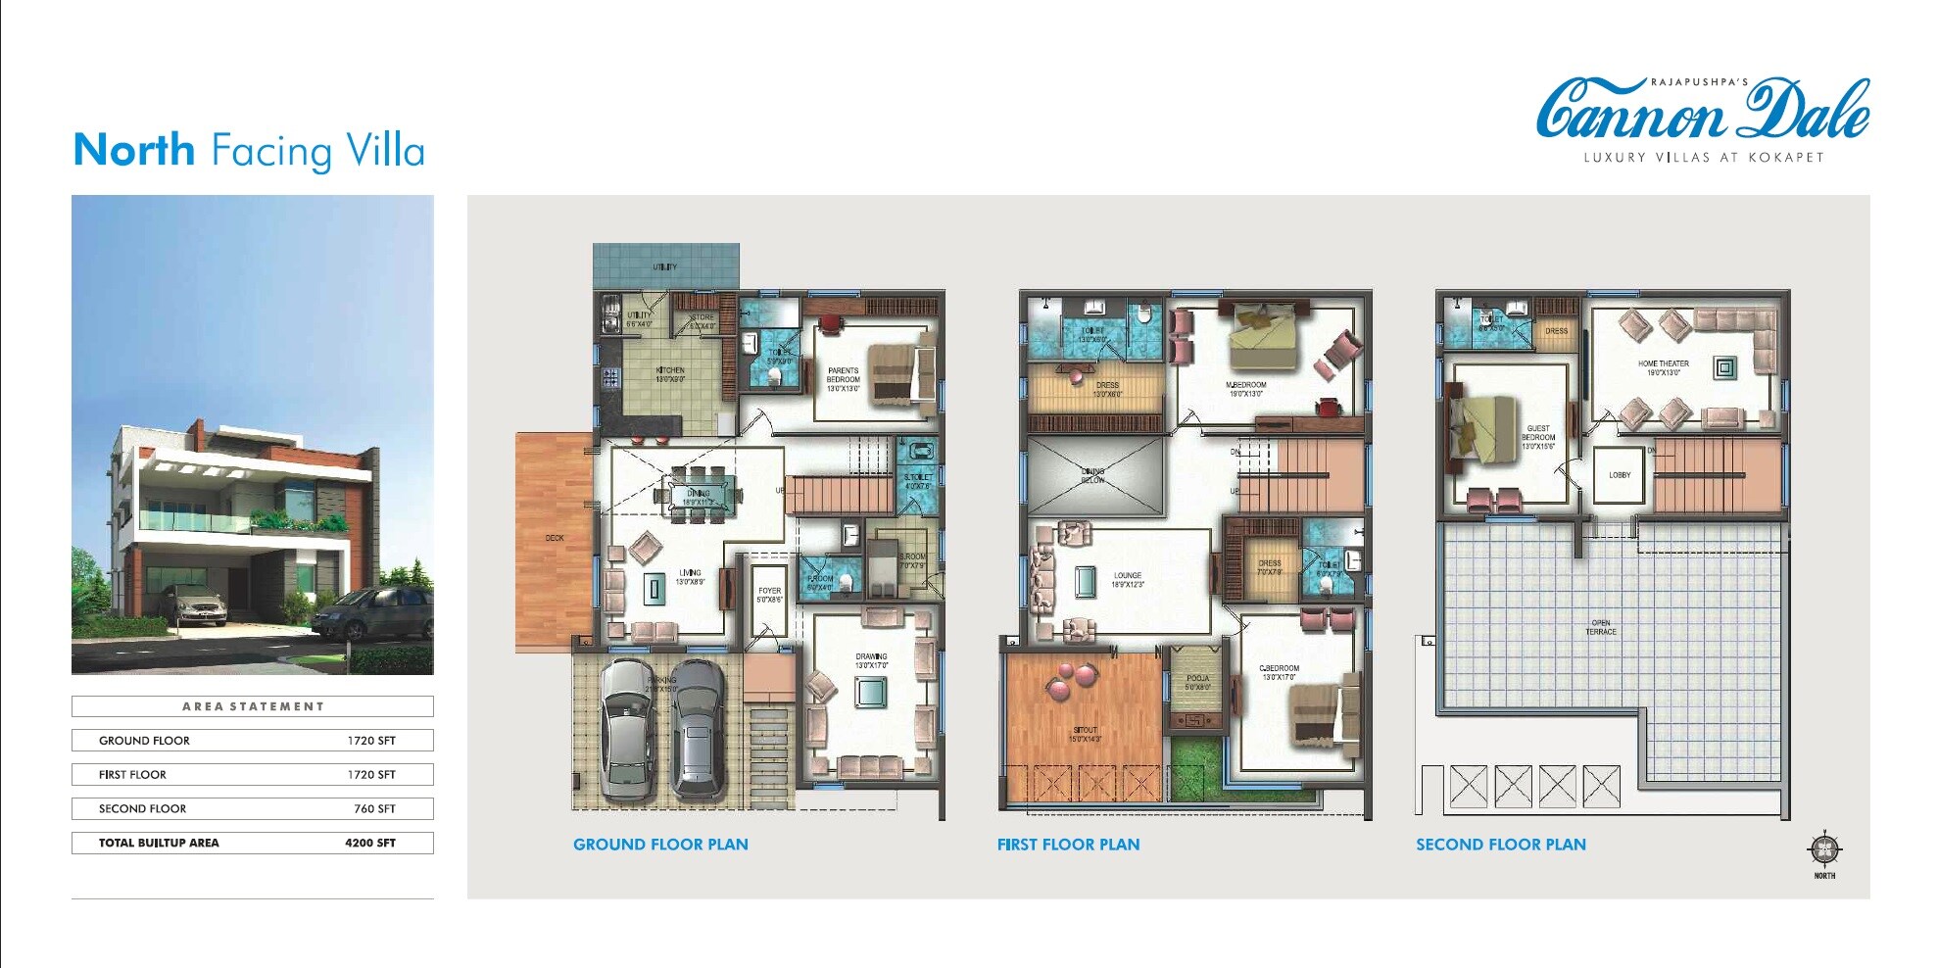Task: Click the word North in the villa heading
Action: point(134,151)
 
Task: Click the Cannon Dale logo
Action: point(1703,113)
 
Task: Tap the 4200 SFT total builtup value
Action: point(369,843)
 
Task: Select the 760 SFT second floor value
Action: point(374,809)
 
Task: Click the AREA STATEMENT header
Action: point(253,706)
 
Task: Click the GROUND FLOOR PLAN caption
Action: point(660,845)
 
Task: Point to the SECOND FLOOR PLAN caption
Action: point(1500,845)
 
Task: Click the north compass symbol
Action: point(1823,850)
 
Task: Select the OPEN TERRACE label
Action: point(1601,627)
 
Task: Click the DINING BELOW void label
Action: point(1092,475)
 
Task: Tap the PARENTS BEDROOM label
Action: point(843,379)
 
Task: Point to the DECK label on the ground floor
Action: point(555,538)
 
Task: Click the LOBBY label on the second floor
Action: point(1620,475)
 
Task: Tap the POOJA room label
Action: point(1197,682)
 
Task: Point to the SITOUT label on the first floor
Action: point(1085,734)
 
